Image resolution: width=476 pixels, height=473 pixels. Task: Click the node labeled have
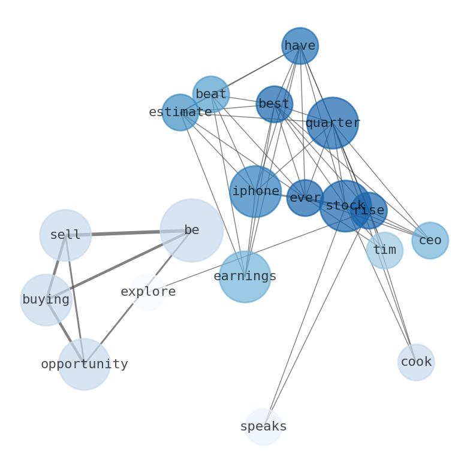click(x=300, y=46)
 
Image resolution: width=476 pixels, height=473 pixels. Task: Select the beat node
click(x=211, y=94)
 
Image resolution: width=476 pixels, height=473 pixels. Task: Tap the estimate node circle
click(x=180, y=112)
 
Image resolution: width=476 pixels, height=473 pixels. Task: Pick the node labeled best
click(x=274, y=104)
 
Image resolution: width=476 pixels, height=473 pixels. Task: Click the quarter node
click(x=332, y=123)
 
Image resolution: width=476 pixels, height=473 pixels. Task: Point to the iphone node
click(x=255, y=191)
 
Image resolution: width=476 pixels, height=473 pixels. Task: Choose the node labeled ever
click(x=305, y=198)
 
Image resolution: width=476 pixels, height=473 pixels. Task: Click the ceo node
click(x=430, y=240)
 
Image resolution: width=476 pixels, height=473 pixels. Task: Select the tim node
click(x=384, y=250)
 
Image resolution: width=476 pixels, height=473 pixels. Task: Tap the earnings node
click(x=245, y=276)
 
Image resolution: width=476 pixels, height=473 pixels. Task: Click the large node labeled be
click(x=192, y=230)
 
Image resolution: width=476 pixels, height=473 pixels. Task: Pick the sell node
click(x=65, y=235)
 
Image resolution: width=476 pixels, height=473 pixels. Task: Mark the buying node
click(x=46, y=299)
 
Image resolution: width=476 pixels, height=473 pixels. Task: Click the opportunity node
click(x=85, y=364)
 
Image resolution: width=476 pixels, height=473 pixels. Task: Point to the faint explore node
click(x=147, y=292)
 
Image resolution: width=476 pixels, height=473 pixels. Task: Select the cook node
click(x=415, y=362)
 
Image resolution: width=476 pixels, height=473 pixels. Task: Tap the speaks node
click(x=263, y=426)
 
